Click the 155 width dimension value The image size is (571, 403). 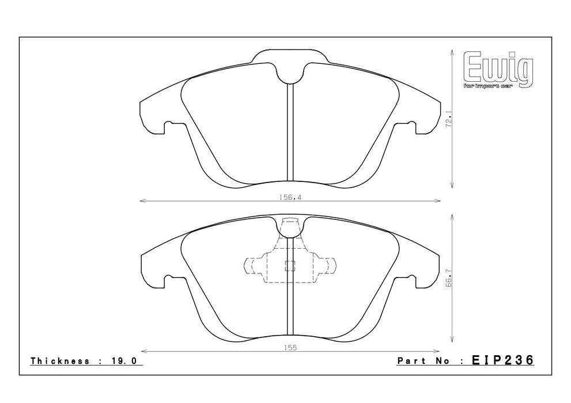tap(290, 348)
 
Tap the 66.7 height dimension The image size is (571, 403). tap(449, 278)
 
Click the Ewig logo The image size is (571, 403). tap(498, 70)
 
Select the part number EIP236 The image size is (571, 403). tap(502, 360)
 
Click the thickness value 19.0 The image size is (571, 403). tap(123, 361)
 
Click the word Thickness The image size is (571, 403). tap(60, 361)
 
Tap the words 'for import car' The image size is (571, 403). tap(488, 86)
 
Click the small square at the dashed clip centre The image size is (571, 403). tap(290, 266)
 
